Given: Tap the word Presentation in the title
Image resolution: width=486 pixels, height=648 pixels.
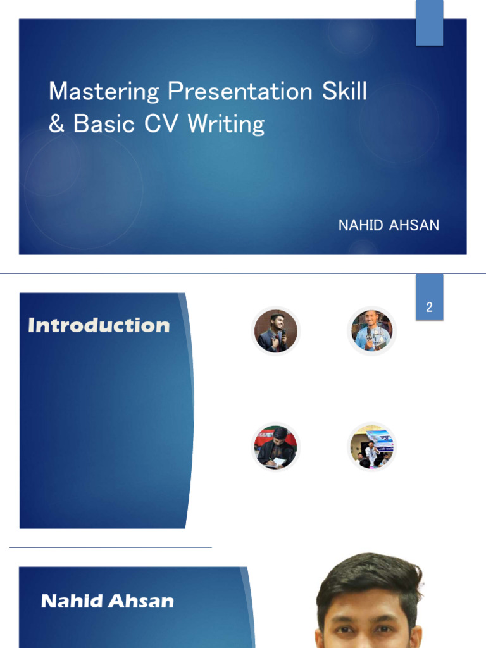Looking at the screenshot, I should tap(240, 92).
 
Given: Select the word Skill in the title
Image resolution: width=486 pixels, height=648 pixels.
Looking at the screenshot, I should tap(344, 92).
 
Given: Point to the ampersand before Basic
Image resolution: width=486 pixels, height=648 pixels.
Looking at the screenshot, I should tap(56, 123).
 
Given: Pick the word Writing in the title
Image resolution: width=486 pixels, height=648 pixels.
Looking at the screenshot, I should tap(226, 124).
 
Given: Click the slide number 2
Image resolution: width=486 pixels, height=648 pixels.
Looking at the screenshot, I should tap(430, 308).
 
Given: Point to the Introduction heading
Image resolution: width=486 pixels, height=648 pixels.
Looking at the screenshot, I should tap(99, 325).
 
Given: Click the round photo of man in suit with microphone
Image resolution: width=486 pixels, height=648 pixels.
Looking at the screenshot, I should tap(276, 331).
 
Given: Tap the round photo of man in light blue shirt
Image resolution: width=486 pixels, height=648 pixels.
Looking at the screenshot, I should tap(372, 331).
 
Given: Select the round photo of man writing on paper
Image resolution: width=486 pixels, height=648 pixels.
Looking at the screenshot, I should tap(275, 447).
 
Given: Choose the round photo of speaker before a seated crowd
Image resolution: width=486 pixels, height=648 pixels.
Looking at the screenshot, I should tap(372, 447).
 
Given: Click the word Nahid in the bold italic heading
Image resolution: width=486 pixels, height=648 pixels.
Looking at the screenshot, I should tap(71, 601).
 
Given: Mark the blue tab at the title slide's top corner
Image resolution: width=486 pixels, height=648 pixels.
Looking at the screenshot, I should tap(430, 23).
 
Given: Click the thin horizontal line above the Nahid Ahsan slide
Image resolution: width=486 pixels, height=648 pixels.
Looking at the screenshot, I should tap(111, 547).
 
